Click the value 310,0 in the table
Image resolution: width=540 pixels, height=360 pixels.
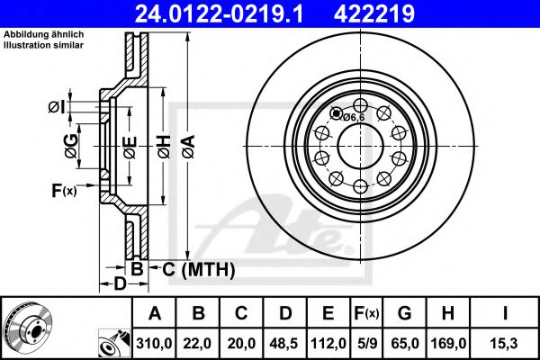pyautogui.click(x=153, y=344)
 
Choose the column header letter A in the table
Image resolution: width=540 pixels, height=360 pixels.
pyautogui.click(x=153, y=313)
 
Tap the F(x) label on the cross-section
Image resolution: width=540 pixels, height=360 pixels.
pyautogui.click(x=65, y=189)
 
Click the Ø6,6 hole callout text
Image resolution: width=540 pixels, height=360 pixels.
pyautogui.click(x=353, y=116)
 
